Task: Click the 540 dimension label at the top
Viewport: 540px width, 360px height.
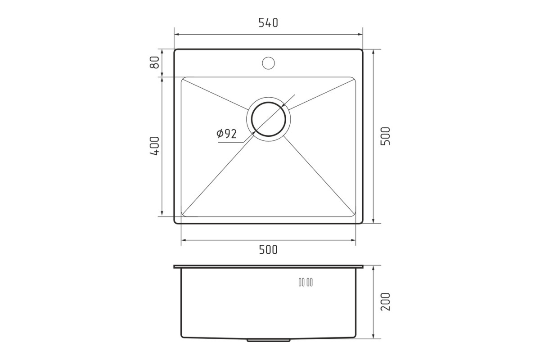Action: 268,23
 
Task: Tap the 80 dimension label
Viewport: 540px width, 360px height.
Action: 154,62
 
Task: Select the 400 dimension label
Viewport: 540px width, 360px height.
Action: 154,146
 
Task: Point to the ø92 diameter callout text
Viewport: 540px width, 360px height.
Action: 227,134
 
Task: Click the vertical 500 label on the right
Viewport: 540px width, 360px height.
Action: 385,136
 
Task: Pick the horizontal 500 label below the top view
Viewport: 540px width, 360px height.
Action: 268,250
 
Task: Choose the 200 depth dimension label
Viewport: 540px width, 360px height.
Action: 385,302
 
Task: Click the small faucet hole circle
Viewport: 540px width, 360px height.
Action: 268,63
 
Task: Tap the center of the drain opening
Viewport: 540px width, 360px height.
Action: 268,119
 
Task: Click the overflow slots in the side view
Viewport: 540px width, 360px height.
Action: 306,282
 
